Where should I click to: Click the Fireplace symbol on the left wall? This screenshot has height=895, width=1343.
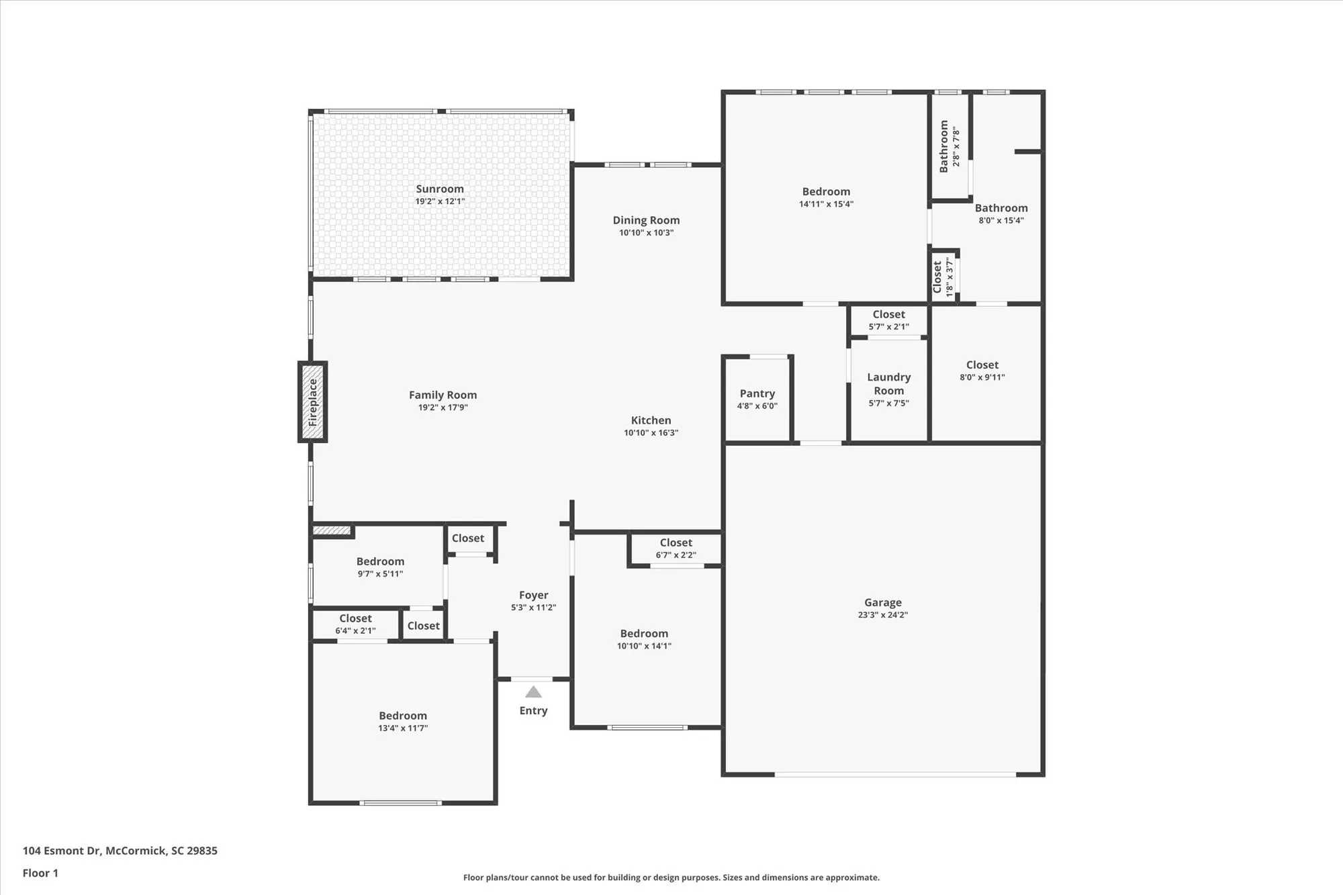tap(312, 402)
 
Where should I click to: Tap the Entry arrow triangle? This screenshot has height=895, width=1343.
tap(533, 692)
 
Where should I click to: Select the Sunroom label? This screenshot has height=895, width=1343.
tap(440, 189)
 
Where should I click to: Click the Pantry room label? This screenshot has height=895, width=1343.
tap(757, 393)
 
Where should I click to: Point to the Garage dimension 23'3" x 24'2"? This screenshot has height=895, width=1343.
tap(882, 615)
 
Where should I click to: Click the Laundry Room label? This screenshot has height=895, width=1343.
tap(888, 384)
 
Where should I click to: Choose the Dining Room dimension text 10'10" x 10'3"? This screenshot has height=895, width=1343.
tap(646, 233)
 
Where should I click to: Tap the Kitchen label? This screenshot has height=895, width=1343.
tap(651, 420)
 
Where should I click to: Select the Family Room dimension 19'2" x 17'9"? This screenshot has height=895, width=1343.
tap(443, 408)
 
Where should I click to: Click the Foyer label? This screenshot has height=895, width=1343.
tap(533, 595)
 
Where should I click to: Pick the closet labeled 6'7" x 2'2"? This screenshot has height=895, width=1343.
tap(676, 549)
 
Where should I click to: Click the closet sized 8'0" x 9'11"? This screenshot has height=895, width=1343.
tap(982, 371)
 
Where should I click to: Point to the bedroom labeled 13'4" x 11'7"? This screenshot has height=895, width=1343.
tap(403, 721)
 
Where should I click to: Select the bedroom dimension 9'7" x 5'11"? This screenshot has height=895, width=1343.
tap(380, 574)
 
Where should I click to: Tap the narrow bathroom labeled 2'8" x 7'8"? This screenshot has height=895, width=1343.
tap(949, 146)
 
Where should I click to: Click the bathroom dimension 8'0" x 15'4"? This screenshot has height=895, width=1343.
tap(1001, 220)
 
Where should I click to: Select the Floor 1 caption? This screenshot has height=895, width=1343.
tap(40, 873)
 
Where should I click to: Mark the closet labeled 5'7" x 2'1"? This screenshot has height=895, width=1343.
tap(888, 320)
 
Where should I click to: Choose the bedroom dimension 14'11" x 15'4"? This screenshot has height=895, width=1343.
tap(826, 204)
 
